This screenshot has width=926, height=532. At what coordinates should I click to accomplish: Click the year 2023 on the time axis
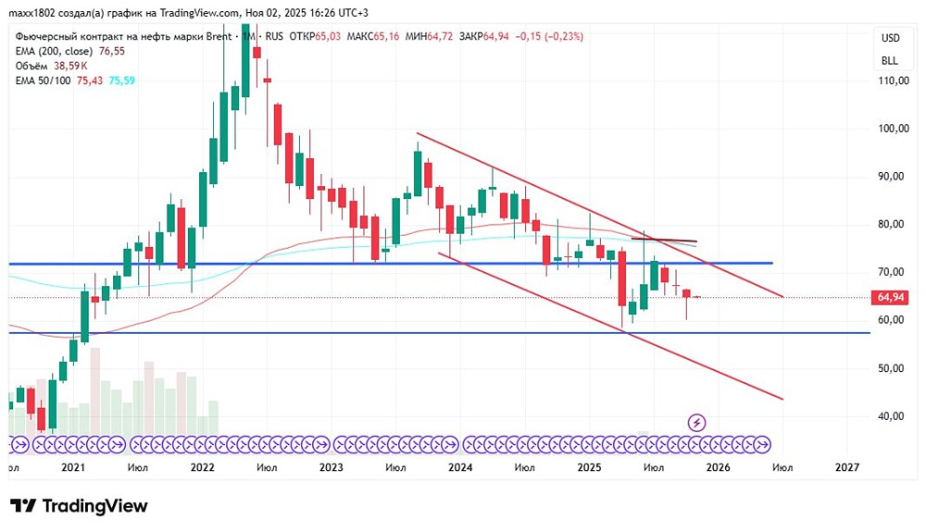(331, 468)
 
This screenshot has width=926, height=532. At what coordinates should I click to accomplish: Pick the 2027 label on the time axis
(845, 468)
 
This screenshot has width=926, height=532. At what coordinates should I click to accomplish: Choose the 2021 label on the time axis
(73, 468)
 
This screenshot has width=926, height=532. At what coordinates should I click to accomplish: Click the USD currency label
(890, 38)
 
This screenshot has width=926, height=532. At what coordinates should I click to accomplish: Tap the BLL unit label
(890, 60)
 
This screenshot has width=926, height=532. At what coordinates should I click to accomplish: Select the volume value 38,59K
(70, 66)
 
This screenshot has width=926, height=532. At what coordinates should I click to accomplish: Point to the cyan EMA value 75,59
(123, 80)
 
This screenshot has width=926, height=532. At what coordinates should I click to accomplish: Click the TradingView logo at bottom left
(79, 506)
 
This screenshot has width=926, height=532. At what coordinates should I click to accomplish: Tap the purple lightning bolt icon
(697, 423)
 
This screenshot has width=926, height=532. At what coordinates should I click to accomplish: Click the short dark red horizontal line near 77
(664, 241)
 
